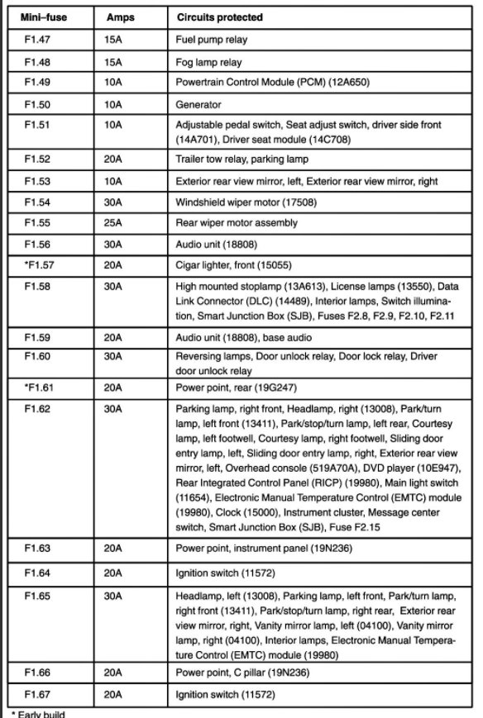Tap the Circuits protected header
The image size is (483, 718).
click(220, 17)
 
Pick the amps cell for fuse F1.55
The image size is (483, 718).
click(113, 223)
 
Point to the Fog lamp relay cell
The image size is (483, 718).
click(208, 62)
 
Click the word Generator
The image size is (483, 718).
click(198, 105)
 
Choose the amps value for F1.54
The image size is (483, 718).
click(113, 202)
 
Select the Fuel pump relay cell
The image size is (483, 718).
click(211, 40)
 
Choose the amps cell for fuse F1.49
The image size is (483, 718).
click(113, 83)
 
